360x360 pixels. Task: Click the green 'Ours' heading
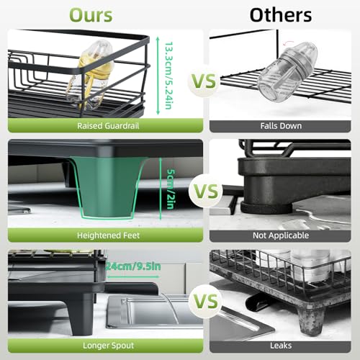pyautogui.click(x=91, y=15)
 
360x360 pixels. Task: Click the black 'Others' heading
pyautogui.click(x=281, y=15)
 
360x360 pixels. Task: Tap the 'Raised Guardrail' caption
pyautogui.click(x=108, y=126)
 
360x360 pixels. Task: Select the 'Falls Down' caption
pyautogui.click(x=281, y=126)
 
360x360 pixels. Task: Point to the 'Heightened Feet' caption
pyautogui.click(x=108, y=235)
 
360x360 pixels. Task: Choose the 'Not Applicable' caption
pyautogui.click(x=281, y=235)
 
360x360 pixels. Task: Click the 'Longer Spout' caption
pyautogui.click(x=108, y=346)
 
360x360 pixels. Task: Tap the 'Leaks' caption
pyautogui.click(x=281, y=346)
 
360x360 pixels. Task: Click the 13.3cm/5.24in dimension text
pyautogui.click(x=168, y=76)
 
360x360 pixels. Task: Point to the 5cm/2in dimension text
pyautogui.click(x=171, y=189)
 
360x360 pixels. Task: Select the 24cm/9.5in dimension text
pyautogui.click(x=132, y=266)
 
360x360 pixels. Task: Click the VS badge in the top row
pyautogui.click(x=204, y=81)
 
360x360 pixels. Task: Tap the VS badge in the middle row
pyautogui.click(x=206, y=191)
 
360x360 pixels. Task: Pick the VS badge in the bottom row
pyautogui.click(x=206, y=302)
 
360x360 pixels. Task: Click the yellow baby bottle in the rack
pyautogui.click(x=91, y=74)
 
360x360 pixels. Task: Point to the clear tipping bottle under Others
pyautogui.click(x=287, y=72)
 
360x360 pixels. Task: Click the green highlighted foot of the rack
pyautogui.click(x=107, y=187)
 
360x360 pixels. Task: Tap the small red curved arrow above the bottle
pyautogui.click(x=288, y=43)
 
